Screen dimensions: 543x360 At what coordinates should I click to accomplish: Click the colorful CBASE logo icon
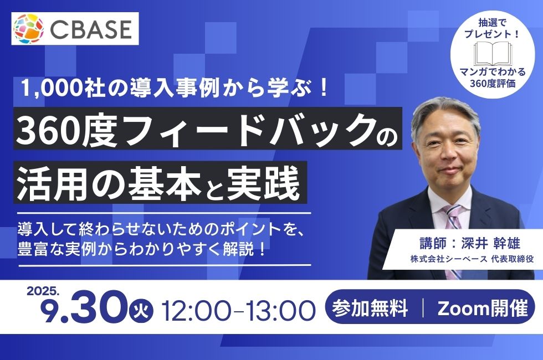pos(28,29)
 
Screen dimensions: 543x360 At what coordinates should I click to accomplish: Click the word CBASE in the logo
pos(91,29)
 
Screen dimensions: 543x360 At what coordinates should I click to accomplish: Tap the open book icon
pos(492,54)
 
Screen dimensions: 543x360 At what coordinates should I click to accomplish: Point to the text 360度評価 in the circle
pos(493,84)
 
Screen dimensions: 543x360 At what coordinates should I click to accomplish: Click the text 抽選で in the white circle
pos(492,23)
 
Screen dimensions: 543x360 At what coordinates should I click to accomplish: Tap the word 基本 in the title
pos(165,182)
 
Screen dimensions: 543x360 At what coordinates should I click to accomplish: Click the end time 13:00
pos(281,310)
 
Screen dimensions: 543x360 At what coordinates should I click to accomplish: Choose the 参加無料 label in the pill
pos(370,307)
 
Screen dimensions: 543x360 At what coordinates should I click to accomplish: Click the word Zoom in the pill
pos(458,308)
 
